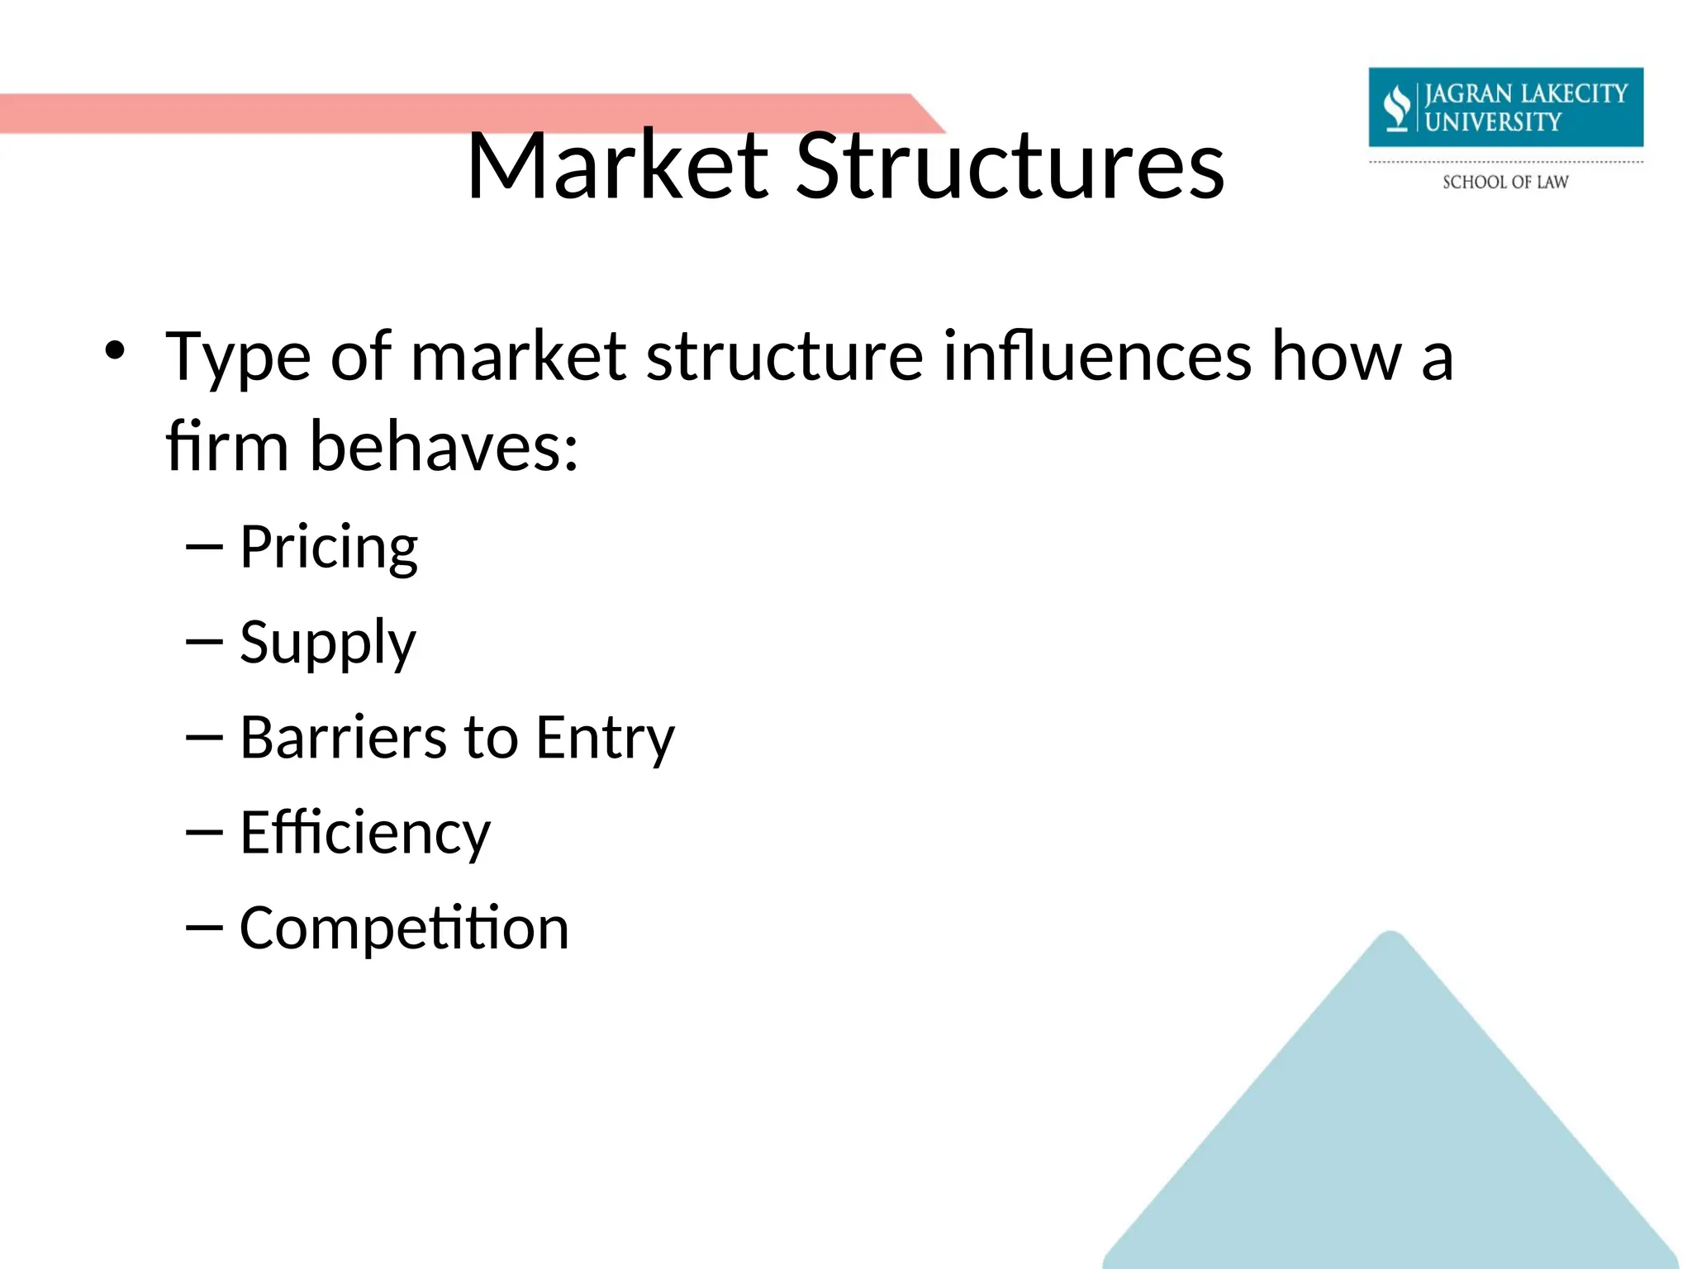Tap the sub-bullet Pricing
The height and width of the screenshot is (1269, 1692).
coord(329,547)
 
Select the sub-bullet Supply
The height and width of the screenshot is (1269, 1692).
coord(327,643)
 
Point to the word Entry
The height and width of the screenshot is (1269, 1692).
coord(605,737)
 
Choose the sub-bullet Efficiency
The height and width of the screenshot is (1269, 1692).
coord(365,833)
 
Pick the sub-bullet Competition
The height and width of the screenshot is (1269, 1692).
coord(404,928)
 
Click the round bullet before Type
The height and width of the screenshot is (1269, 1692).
coord(114,351)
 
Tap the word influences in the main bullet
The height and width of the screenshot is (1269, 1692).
coord(1097,357)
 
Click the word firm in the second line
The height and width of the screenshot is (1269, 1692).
coord(226,446)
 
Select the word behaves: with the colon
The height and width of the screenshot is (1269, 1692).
coord(444,446)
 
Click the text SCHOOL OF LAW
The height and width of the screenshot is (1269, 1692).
coord(1505,182)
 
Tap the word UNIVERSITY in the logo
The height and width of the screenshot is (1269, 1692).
coord(1493,121)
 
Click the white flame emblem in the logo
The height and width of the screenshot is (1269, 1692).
coord(1396,107)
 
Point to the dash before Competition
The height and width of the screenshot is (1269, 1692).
coord(204,928)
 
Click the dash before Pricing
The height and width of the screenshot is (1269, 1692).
coord(204,547)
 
